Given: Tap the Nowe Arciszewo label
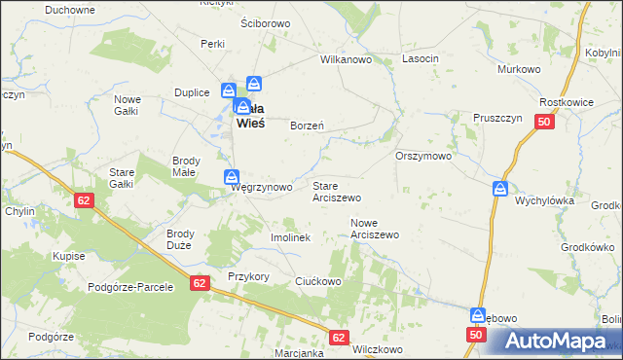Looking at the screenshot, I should (x=375, y=229).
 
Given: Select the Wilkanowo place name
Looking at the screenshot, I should (x=348, y=59).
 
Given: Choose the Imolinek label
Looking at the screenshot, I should (x=290, y=237).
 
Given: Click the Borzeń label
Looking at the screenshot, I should (x=308, y=126).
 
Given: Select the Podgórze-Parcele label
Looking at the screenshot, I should (x=129, y=287).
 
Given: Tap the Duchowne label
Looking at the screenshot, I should (x=69, y=10).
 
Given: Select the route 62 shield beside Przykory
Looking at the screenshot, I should (x=200, y=283).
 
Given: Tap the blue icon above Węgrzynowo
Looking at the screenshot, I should (x=232, y=176).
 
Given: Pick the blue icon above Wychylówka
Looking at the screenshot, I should (x=499, y=188).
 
